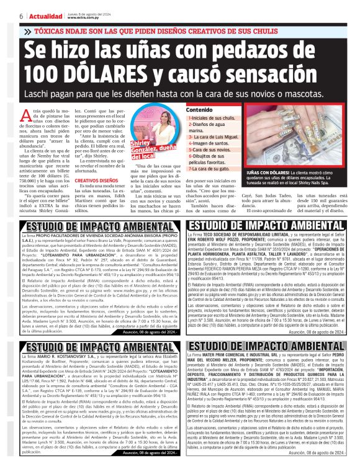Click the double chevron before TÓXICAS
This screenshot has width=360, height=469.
coord(27,30)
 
